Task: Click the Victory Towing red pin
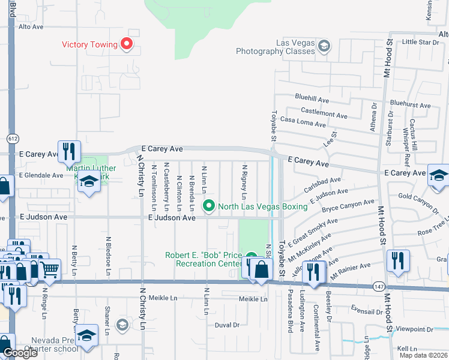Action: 126,43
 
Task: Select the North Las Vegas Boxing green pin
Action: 209,206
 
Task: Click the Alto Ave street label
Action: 31,27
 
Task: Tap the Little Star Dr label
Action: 421,42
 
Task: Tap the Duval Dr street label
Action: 227,325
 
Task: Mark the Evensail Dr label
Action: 367,312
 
